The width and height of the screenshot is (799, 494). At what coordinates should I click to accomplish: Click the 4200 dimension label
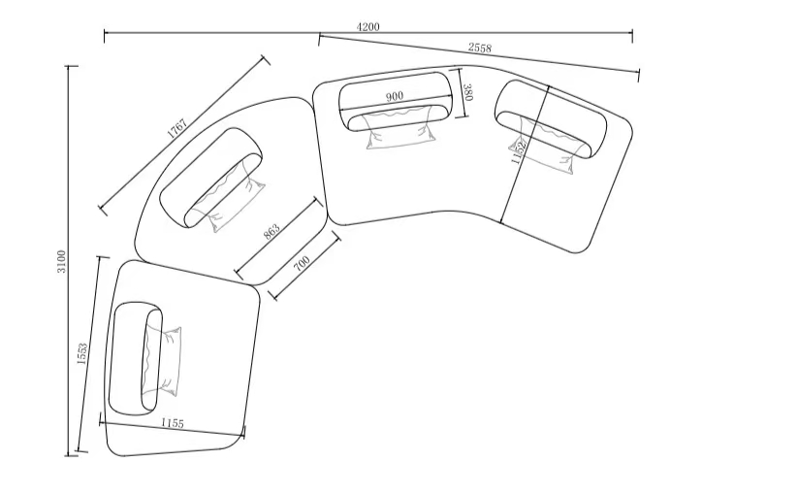coord(368,26)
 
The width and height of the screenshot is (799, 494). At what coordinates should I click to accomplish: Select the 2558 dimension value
coord(480,48)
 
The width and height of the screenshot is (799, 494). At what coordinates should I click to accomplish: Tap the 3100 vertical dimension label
coord(61,261)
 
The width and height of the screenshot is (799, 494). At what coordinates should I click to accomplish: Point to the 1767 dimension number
coord(177,128)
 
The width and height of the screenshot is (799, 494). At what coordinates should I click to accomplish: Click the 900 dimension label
coord(395,96)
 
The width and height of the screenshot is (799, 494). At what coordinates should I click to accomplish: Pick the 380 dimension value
coord(468,92)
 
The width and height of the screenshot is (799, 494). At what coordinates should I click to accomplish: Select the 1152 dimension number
coord(519,152)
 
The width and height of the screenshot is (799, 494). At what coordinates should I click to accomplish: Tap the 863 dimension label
coord(272,232)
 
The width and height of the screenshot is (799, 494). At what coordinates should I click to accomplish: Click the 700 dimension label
coord(302,264)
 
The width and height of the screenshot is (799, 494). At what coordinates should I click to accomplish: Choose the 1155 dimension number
coord(173,423)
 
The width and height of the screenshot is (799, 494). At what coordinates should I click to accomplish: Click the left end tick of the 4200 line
coord(105,36)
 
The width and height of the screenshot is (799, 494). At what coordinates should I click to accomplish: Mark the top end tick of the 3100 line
coord(73,66)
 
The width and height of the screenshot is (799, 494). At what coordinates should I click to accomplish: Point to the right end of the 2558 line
coord(639,74)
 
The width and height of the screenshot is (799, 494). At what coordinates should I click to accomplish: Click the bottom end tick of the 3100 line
coord(73,455)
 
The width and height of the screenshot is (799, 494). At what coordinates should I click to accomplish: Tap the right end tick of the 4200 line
coord(632,36)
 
